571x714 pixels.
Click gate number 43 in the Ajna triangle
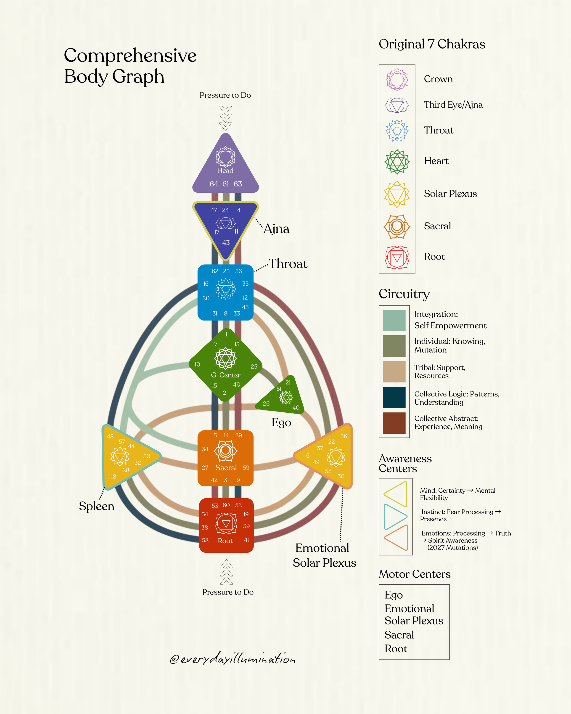point(226,242)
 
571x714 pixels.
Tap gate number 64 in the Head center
point(214,184)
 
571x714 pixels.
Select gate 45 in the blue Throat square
point(245,307)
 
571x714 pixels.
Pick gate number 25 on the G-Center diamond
point(254,366)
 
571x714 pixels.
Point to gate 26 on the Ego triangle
point(266,403)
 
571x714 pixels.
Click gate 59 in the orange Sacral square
point(246,468)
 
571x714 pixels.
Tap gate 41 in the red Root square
point(246,540)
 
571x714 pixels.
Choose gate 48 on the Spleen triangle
point(110,436)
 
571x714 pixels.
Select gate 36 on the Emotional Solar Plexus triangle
point(344,436)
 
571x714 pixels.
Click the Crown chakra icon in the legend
point(397,80)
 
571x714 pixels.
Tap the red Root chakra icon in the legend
point(397,257)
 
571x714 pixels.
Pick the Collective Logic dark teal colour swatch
point(394,397)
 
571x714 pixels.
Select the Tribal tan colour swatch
point(394,372)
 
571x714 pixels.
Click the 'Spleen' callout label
point(96,506)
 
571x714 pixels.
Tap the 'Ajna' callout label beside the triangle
point(276,229)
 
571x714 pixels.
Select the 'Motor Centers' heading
point(414,574)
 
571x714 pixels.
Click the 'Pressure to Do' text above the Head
point(225,95)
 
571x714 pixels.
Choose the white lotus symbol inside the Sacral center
point(225,451)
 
